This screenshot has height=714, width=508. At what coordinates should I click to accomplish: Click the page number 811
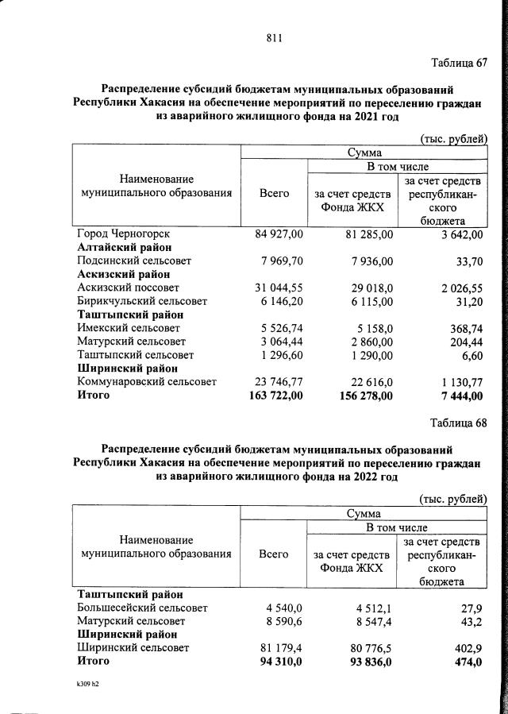(275, 37)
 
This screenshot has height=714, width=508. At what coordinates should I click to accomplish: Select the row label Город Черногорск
(123, 234)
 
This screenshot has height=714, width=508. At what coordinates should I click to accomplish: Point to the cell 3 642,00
(459, 234)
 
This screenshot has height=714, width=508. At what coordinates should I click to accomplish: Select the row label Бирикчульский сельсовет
(142, 301)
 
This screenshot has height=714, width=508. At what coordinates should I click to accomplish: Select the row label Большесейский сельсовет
(142, 608)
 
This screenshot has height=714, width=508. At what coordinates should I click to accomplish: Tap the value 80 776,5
(371, 648)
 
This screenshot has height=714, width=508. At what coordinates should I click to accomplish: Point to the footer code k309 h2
(82, 683)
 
